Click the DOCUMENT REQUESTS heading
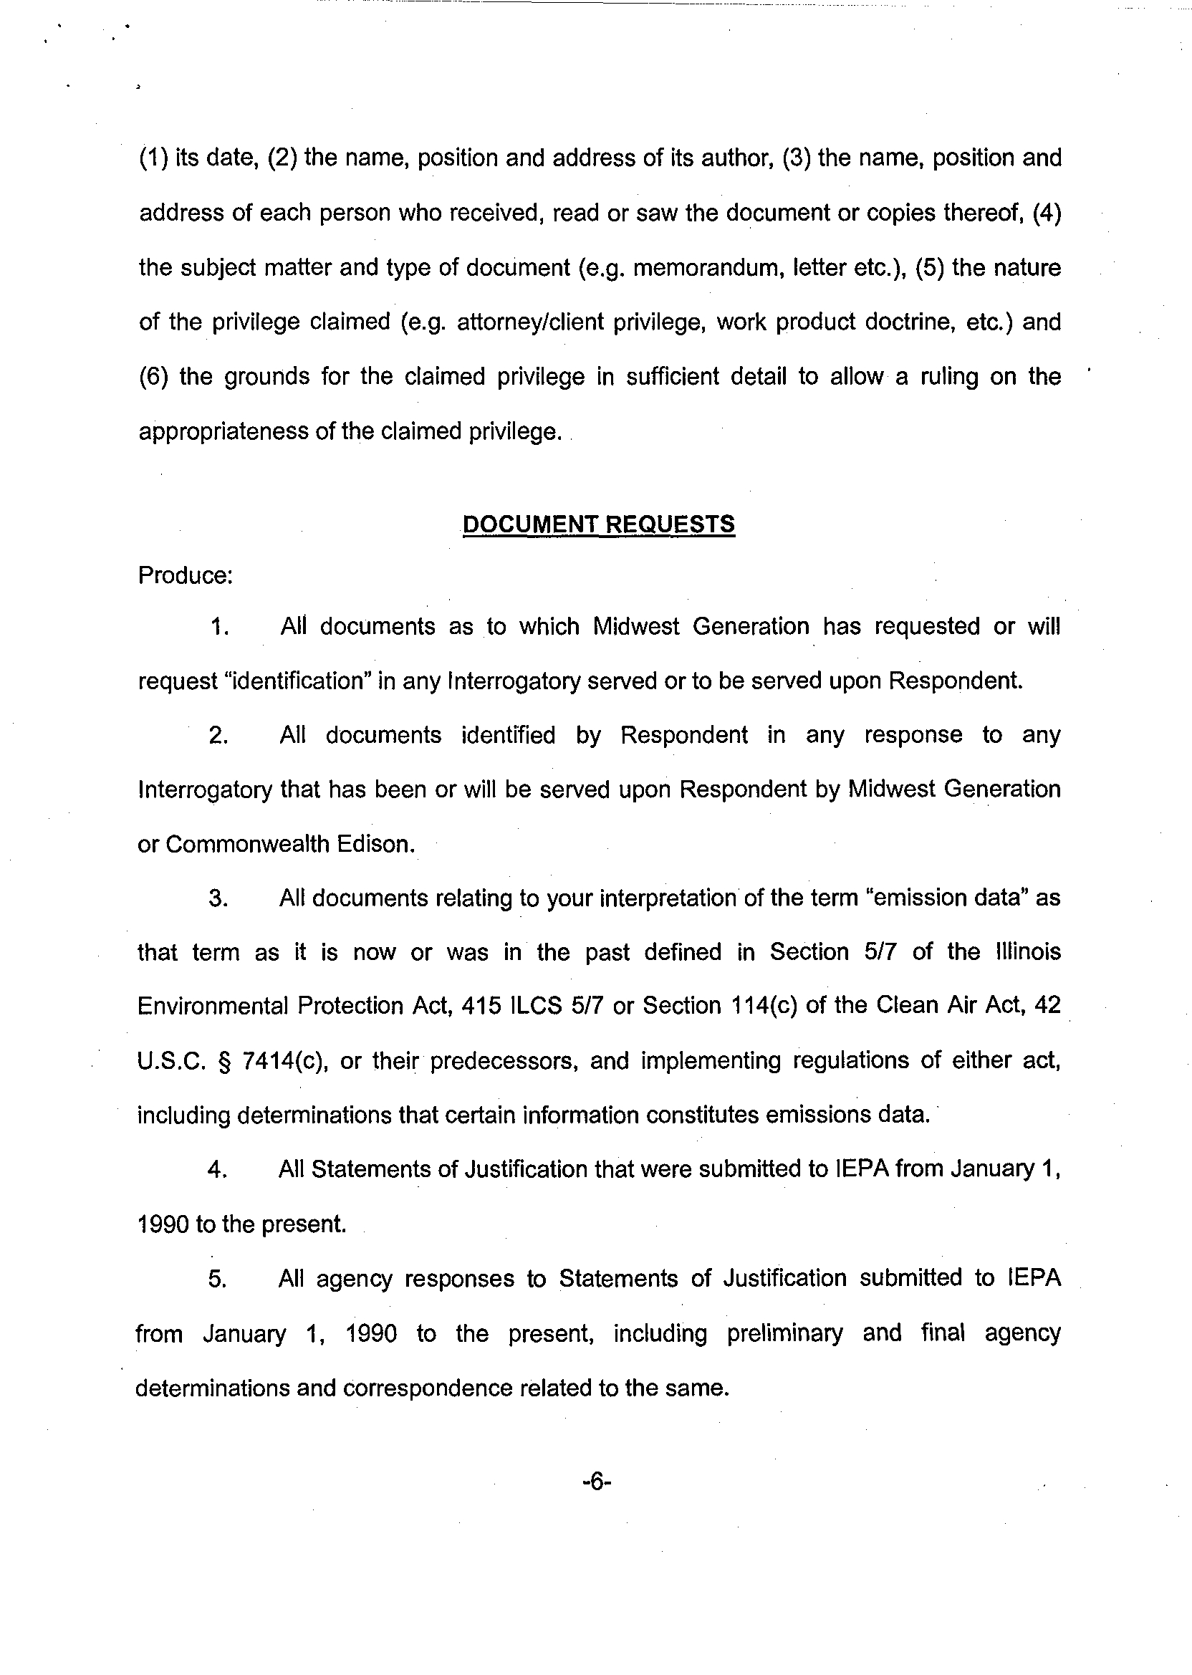(x=598, y=524)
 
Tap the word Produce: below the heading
(x=185, y=575)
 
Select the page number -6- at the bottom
(x=597, y=1482)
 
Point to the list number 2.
(x=218, y=736)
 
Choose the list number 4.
(x=217, y=1170)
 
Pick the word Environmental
(x=213, y=1007)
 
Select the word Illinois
(x=1029, y=952)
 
